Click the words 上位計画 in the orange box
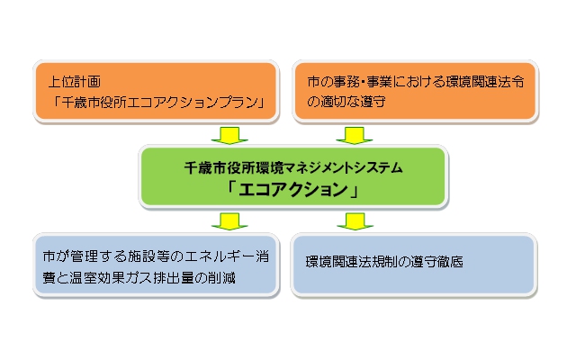point(75,81)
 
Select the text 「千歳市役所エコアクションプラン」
point(152,102)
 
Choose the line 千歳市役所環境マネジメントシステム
point(292,166)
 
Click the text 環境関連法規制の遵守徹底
point(382,265)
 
